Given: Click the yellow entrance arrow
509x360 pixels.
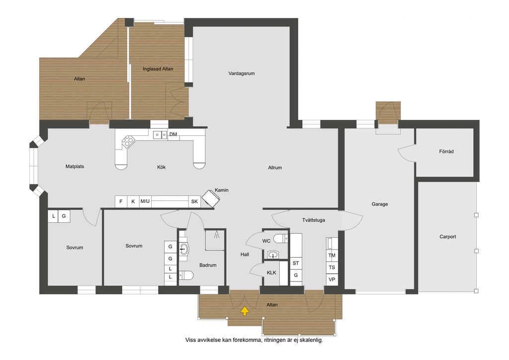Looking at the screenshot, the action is pos(245,311).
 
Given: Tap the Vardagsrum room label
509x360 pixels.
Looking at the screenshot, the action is pos(242,74).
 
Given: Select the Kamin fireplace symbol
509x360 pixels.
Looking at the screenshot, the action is pos(210,198).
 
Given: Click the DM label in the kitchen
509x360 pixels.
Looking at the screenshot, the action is pos(173,134).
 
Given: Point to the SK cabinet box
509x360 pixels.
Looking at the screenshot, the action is pos(194,201).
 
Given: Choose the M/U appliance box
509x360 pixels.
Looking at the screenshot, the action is pos(145,201).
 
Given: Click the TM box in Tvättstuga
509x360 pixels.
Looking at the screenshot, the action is pos(332,255).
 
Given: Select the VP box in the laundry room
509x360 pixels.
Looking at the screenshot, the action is pos(332,279).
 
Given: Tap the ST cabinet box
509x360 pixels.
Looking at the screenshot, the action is pos(296,263).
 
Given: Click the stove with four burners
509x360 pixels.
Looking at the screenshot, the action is pos(128,141).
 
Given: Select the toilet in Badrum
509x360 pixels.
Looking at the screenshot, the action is pos(186,275).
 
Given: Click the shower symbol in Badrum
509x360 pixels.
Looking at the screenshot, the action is pos(215,240).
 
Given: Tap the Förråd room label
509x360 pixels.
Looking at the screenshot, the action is pos(446,151).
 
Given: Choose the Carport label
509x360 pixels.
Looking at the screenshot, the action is pos(448,237).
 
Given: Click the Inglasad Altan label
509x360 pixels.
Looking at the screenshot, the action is pos(158,69).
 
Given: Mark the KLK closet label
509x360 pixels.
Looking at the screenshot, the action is pos(271,272).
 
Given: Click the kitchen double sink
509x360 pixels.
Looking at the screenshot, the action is pos(160,134).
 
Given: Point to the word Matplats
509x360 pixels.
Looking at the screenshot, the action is pos(75,167).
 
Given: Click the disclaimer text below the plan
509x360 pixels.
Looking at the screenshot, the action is pos(254,340).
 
